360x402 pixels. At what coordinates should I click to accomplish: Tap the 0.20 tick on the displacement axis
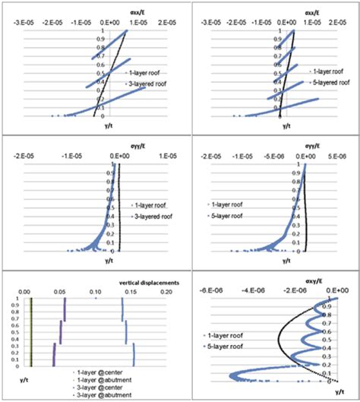tap(166, 291)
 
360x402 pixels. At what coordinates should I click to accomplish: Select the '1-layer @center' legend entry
tap(97, 375)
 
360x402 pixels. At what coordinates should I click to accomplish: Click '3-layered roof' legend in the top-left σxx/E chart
tap(145, 83)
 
